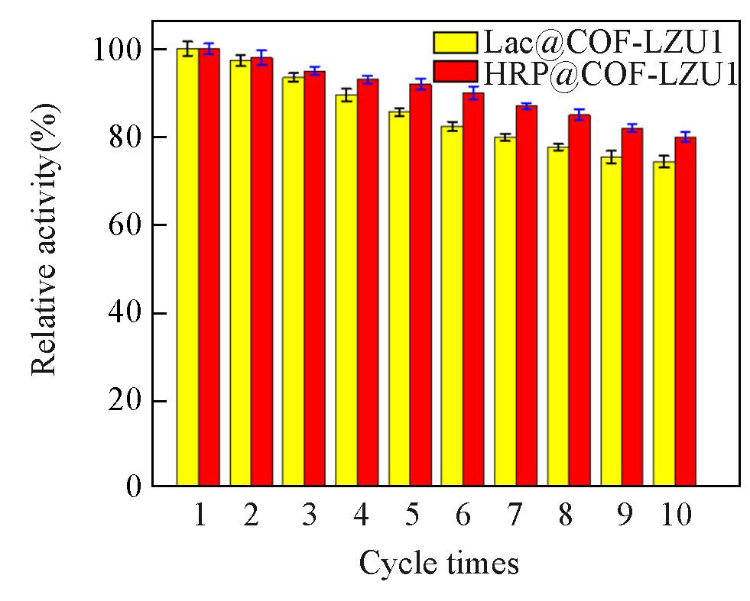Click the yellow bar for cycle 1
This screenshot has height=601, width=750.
click(x=188, y=267)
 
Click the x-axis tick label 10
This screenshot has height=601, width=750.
click(x=674, y=516)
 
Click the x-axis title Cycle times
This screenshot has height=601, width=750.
click(x=439, y=564)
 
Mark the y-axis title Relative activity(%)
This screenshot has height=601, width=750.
click(x=45, y=239)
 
